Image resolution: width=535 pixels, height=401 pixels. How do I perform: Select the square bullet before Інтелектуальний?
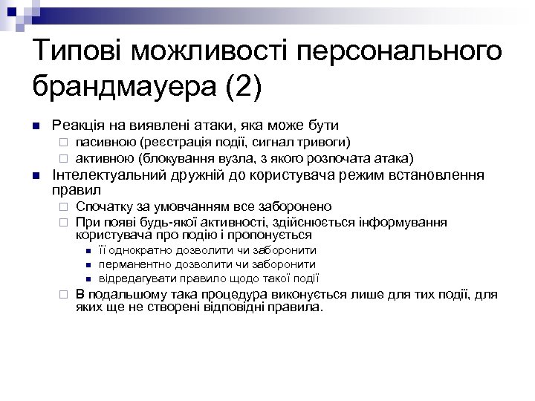34,175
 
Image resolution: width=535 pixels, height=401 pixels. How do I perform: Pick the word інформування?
406,221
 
